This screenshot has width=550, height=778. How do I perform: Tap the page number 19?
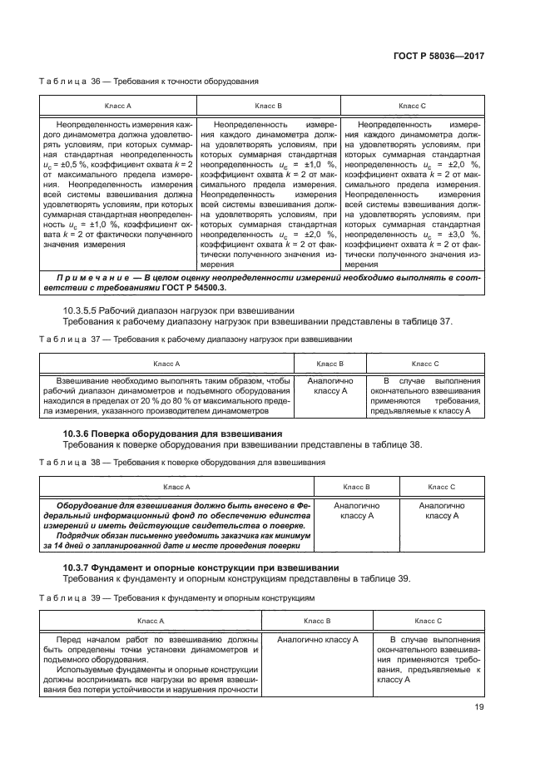pyautogui.click(x=479, y=707)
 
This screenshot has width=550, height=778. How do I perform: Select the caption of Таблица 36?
pyautogui.click(x=150, y=82)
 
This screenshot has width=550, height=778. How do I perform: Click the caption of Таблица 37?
pyautogui.click(x=196, y=339)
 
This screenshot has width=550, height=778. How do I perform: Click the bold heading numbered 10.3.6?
pyautogui.click(x=173, y=434)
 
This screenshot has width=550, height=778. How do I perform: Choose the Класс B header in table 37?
pyautogui.click(x=330, y=364)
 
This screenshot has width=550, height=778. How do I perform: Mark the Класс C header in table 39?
pyautogui.click(x=428, y=622)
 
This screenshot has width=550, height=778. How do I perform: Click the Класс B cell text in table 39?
pyautogui.click(x=317, y=640)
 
